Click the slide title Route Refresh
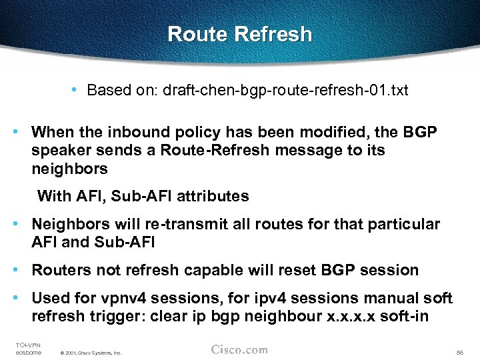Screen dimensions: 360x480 (x=239, y=34)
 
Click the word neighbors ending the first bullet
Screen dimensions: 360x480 (x=69, y=169)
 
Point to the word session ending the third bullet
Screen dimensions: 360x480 (x=389, y=270)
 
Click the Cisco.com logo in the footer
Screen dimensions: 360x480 (x=239, y=349)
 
